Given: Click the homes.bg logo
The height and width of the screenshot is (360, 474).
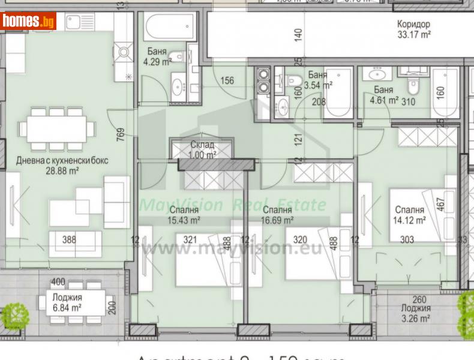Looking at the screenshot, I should coord(28,21).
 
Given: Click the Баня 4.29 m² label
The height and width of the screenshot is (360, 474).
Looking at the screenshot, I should coord(157,57).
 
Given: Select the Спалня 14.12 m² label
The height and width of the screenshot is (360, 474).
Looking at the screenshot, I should coord(410,215).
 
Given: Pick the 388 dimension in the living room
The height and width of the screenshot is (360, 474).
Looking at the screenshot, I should coord(70,240).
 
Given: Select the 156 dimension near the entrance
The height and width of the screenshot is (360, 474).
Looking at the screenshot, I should coord(227,81).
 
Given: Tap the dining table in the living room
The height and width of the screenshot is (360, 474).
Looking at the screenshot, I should coord(56,128).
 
